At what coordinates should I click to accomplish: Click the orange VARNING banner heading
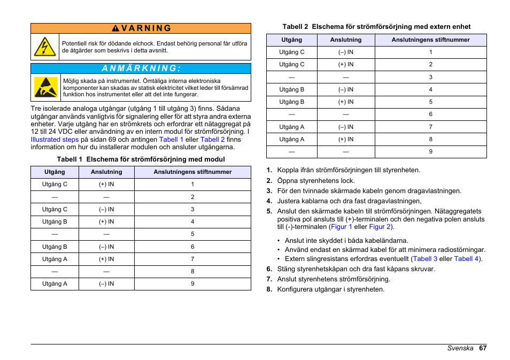(x=141, y=28)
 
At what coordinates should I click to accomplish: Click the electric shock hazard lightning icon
(x=45, y=47)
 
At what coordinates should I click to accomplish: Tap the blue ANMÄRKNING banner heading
(x=141, y=68)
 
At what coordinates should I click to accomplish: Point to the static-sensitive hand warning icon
(x=45, y=87)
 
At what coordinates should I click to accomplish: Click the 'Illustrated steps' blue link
(x=55, y=139)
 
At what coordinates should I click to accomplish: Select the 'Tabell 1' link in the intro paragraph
(x=171, y=139)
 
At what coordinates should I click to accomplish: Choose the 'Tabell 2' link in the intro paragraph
(x=212, y=139)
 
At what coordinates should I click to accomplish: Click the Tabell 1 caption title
(x=141, y=159)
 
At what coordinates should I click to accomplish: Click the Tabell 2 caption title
(x=376, y=26)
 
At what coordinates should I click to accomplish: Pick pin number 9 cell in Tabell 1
(x=192, y=284)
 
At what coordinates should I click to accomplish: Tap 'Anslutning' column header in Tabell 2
(x=345, y=40)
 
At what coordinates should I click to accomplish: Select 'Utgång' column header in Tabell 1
(x=55, y=172)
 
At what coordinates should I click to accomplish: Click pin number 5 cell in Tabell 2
(x=430, y=102)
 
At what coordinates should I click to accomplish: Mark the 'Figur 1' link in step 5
(x=341, y=227)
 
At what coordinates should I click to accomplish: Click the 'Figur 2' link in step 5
(x=380, y=227)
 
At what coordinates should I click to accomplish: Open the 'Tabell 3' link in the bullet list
(x=425, y=258)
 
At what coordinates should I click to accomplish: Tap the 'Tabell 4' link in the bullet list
(x=466, y=258)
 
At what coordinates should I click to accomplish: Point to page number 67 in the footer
(x=482, y=348)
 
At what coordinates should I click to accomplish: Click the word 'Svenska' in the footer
(x=460, y=348)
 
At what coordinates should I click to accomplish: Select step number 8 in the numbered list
(x=269, y=289)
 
